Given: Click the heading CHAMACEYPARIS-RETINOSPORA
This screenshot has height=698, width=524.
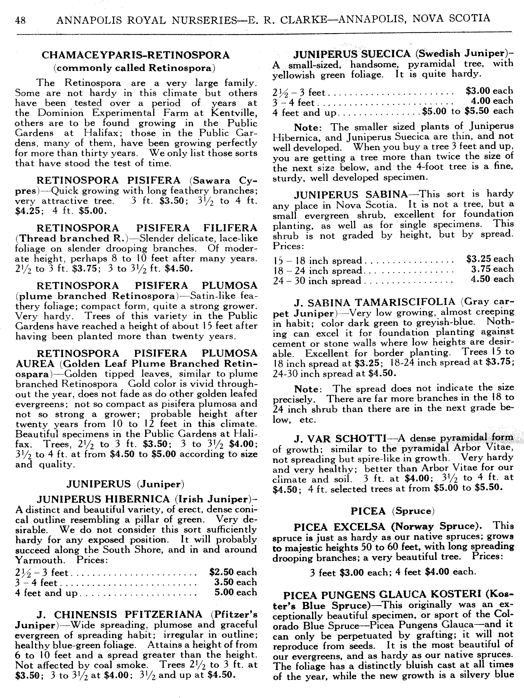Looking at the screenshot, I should pyautogui.click(x=136, y=55).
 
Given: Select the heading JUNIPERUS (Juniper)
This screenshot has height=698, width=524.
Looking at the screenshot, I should pyautogui.click(x=125, y=484).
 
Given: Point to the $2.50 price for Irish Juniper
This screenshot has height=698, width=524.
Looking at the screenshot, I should pyautogui.click(x=221, y=572).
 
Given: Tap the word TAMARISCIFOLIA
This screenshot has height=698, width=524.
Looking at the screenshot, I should pyautogui.click(x=405, y=302).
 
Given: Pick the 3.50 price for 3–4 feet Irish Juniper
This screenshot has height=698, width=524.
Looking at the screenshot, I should pyautogui.click(x=224, y=582).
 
